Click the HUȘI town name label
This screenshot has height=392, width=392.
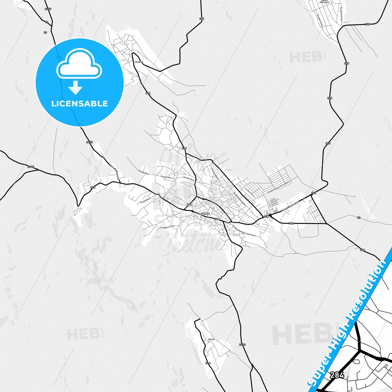point(205,214)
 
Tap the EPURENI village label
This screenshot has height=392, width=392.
point(139,62)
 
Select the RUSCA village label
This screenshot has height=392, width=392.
point(211,339)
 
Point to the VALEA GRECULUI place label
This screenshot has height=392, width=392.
point(324,2)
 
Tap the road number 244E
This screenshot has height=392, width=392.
point(31,167)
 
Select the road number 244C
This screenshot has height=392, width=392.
point(242,345)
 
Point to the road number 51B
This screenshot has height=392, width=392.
point(208,363)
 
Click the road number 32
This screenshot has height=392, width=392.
point(359,218)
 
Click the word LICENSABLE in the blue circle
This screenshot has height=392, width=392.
point(79,104)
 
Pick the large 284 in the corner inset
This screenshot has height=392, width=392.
point(337,375)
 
